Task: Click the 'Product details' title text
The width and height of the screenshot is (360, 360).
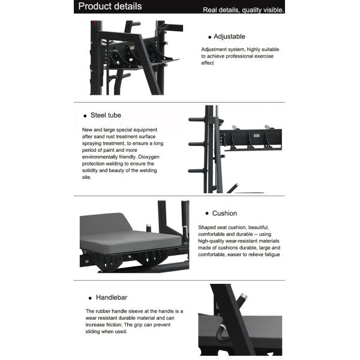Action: (110, 7)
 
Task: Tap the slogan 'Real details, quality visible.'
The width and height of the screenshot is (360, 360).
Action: (244, 10)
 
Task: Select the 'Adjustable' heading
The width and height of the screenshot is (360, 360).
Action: (229, 37)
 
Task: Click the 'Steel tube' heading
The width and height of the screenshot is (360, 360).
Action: (106, 115)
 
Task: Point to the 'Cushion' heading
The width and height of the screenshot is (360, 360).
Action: (224, 213)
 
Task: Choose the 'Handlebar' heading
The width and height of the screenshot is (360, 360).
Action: (112, 297)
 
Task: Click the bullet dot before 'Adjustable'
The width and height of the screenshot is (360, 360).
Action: (209, 37)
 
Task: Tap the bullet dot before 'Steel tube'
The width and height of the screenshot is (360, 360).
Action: (85, 115)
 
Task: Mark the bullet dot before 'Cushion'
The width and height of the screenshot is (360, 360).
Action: (206, 214)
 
